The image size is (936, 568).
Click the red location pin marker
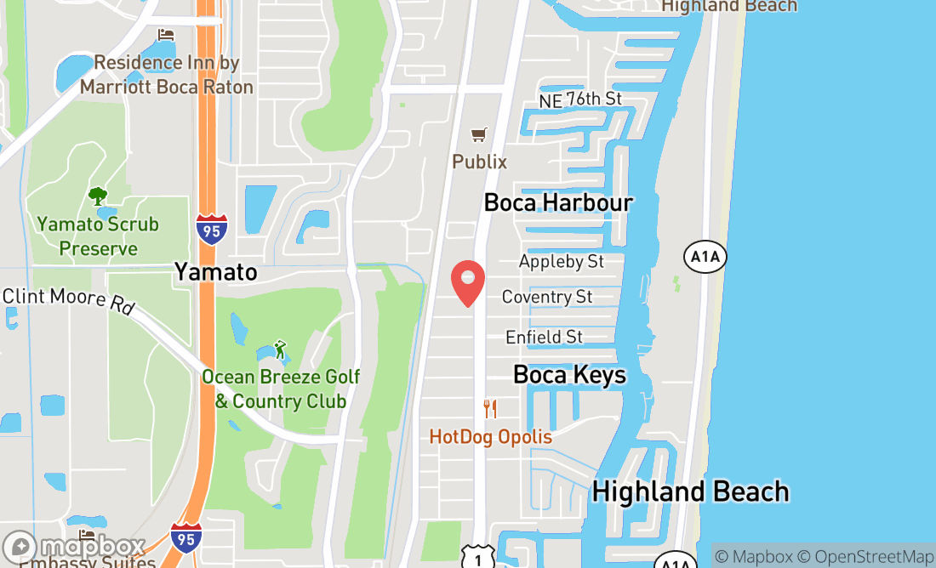point(467,283)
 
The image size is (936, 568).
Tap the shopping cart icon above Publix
point(479,135)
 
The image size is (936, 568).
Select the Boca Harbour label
point(558,202)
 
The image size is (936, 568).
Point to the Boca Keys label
point(569,375)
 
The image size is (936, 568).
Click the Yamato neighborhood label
point(215,271)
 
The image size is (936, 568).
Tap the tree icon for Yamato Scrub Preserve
point(98,196)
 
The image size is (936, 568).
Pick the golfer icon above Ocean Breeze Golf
point(279,349)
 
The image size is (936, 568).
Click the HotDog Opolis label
point(490,437)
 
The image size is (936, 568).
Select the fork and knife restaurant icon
point(490,409)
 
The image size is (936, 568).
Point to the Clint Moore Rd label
point(67,300)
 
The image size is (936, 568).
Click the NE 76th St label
point(580,99)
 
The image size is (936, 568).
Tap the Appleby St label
point(562,261)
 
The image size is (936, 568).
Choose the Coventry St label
point(547,297)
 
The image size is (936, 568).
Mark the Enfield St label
point(545,337)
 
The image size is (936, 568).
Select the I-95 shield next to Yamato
point(211,230)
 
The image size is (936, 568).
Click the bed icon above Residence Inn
point(166,35)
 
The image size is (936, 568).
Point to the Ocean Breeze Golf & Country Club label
point(281,389)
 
